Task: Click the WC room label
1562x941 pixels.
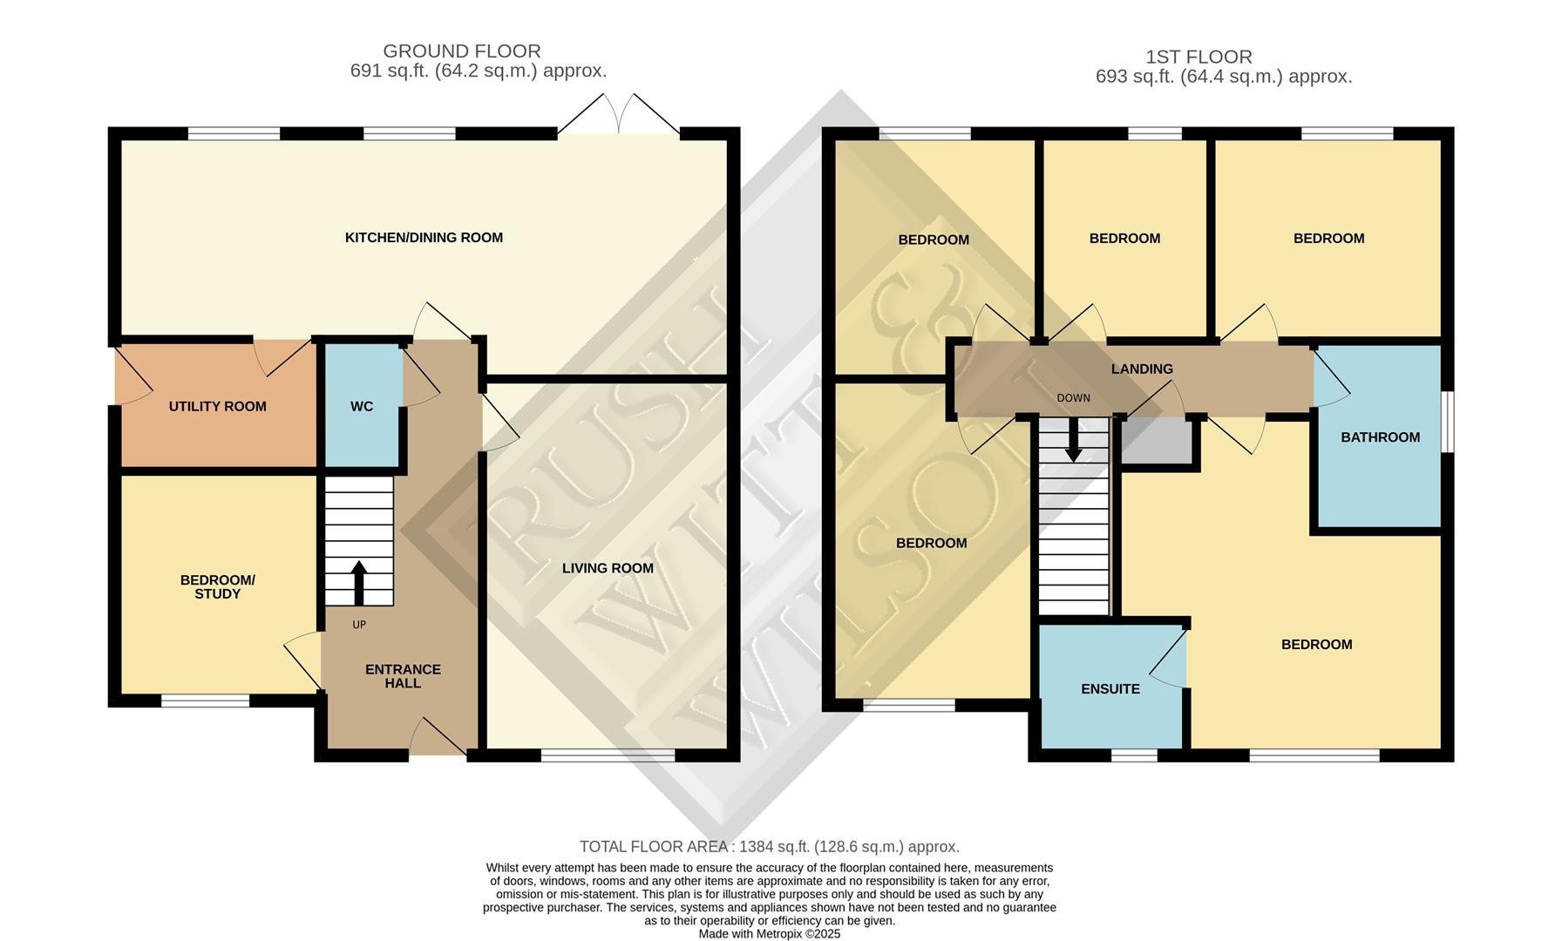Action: click(362, 407)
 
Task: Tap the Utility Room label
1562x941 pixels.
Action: click(217, 407)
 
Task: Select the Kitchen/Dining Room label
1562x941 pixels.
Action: click(424, 238)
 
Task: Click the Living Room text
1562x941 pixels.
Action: click(608, 568)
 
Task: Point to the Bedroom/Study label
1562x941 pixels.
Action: click(217, 587)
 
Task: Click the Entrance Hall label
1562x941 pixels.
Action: click(403, 676)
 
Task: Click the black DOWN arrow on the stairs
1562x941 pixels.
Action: click(1074, 441)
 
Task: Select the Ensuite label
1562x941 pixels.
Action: click(1110, 689)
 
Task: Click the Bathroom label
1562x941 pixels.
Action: click(1380, 437)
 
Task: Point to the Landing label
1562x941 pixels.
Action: click(1142, 369)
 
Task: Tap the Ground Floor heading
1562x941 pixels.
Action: click(462, 51)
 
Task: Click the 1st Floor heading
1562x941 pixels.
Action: click(1199, 58)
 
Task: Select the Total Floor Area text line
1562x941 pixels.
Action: click(770, 847)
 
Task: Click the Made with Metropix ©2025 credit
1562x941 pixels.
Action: click(770, 933)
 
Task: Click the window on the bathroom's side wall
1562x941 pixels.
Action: click(1447, 422)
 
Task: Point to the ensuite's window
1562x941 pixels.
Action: click(1134, 755)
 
